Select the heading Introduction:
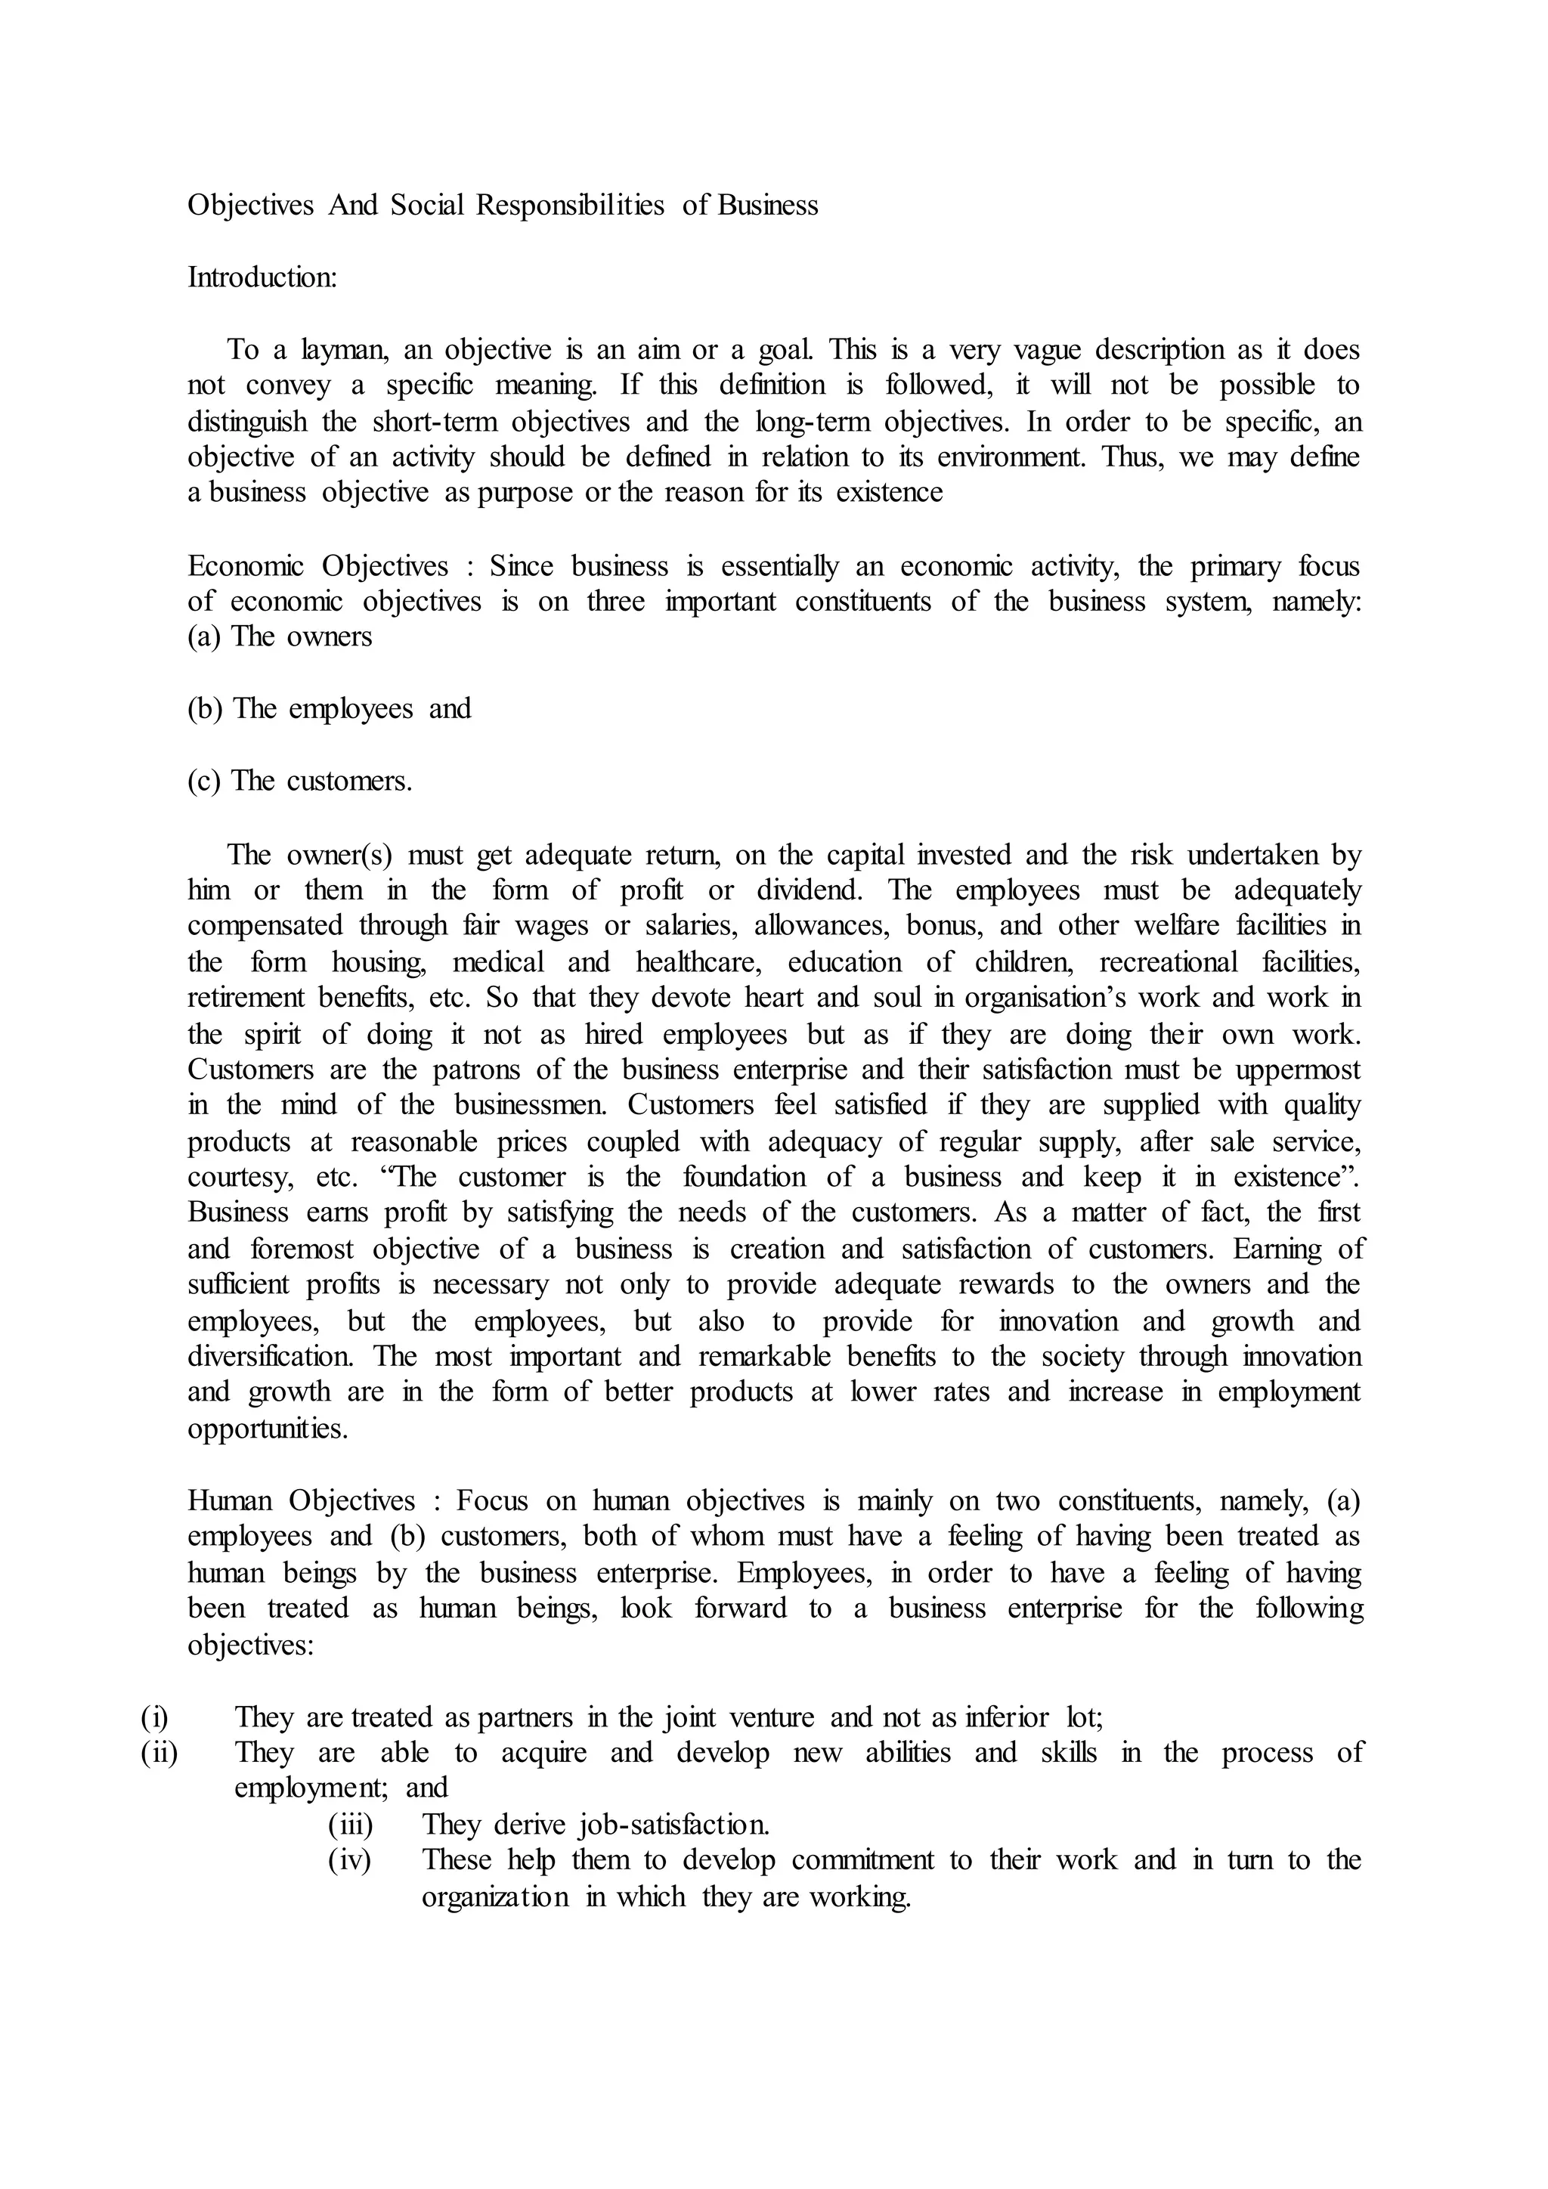(262, 277)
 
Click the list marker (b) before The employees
(204, 708)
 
